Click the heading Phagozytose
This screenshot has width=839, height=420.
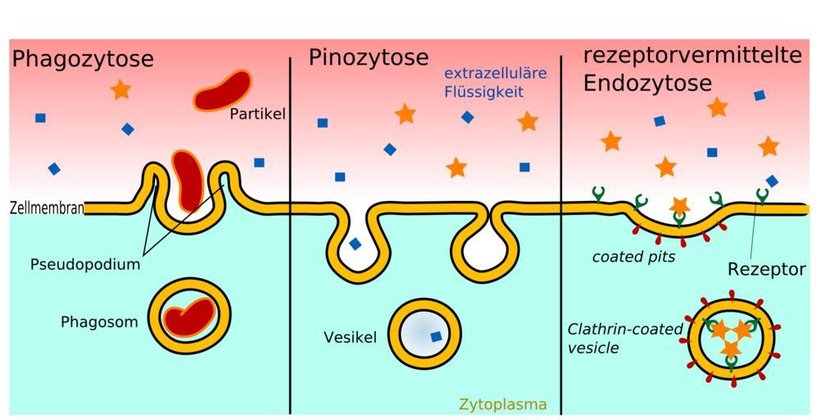point(83,59)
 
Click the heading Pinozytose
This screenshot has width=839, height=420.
point(369,57)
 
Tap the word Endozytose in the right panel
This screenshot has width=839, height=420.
point(647,84)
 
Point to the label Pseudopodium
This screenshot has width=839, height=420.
point(85,264)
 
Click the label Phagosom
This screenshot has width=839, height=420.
point(99,322)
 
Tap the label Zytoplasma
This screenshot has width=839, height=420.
point(503,404)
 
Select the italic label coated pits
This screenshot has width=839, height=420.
point(633,257)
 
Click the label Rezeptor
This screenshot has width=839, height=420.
point(766,269)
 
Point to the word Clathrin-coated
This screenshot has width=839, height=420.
point(626,328)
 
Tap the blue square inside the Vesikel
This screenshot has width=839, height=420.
point(436,336)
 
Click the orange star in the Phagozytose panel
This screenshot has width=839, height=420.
point(121,89)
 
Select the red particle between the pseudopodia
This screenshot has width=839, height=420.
point(187,180)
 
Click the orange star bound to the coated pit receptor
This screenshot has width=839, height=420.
point(679,206)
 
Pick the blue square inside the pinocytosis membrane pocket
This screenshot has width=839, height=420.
point(355,244)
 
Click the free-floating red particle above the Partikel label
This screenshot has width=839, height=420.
point(222,90)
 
